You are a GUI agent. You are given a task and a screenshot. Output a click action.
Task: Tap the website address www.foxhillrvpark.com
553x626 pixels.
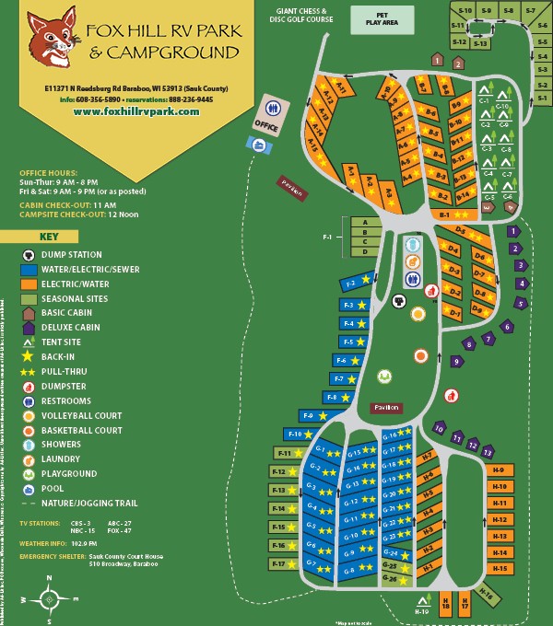[135, 111]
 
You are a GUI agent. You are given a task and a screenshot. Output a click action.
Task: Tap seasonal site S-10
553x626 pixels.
[465, 10]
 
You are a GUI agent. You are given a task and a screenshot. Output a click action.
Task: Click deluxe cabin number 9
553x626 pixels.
[456, 362]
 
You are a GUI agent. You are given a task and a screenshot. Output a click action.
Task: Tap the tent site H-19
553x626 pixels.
[422, 607]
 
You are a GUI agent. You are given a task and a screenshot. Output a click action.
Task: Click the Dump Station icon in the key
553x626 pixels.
[29, 254]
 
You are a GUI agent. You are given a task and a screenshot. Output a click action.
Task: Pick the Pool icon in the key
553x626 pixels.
[29, 489]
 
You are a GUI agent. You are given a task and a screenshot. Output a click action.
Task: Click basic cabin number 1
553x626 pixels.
[437, 60]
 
